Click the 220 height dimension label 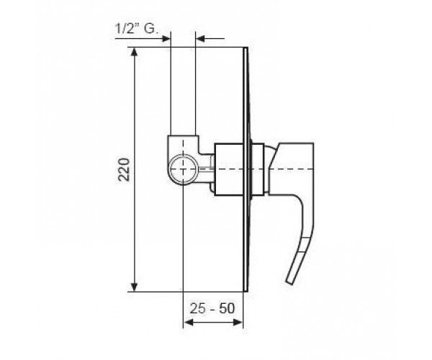click(124, 169)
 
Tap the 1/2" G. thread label click(137, 28)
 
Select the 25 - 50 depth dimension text click(212, 308)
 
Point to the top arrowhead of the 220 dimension click(134, 52)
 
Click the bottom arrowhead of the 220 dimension click(134, 287)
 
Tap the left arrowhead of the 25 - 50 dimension click(188, 323)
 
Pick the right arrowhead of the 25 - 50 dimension click(238, 323)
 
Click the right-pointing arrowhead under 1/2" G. click(166, 39)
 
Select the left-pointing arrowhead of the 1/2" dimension click(200, 39)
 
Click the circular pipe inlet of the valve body click(183, 169)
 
